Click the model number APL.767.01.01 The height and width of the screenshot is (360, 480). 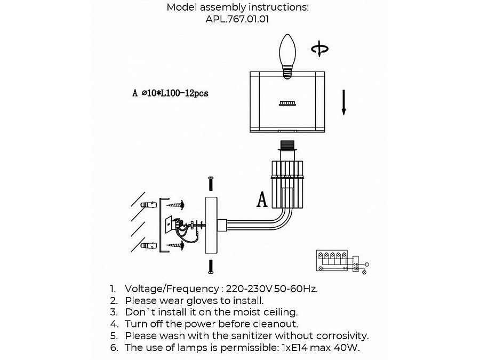[x=237, y=19]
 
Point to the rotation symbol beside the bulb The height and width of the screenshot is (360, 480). [x=320, y=49]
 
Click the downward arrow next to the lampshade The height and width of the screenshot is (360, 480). [x=344, y=102]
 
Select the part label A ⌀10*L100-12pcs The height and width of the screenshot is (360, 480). [x=171, y=93]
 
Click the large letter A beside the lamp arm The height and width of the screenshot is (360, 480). [x=262, y=199]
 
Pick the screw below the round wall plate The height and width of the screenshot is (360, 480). [x=211, y=266]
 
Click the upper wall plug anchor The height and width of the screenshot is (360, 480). [x=148, y=204]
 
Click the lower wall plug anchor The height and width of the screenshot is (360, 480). [x=148, y=245]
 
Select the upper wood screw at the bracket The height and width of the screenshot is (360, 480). [x=175, y=204]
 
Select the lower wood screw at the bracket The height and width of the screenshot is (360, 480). [x=175, y=245]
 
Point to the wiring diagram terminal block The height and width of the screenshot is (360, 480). [x=332, y=260]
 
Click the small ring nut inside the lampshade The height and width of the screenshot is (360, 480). [x=287, y=103]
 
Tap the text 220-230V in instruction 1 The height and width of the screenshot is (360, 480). [x=249, y=289]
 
